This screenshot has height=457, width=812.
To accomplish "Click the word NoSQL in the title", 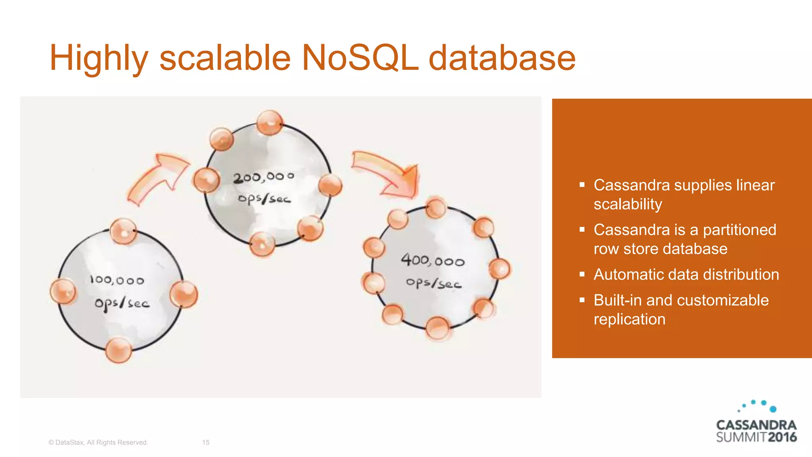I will (x=360, y=58).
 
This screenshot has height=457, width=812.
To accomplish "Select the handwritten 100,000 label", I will (x=117, y=280).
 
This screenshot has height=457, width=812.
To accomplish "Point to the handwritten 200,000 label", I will (x=263, y=177).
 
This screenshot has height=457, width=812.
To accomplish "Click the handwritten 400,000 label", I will (x=433, y=261).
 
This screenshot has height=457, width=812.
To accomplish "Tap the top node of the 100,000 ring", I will (x=123, y=231).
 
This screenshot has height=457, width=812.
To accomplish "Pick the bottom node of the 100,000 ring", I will (x=119, y=350).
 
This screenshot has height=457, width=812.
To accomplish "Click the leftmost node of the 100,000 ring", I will (x=63, y=291).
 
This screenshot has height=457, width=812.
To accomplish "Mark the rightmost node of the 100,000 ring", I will (x=184, y=294).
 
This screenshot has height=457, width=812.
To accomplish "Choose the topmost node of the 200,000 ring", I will (x=270, y=123).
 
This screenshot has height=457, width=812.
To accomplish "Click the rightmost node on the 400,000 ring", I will (x=499, y=269).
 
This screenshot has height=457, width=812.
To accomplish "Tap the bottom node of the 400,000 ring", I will (x=438, y=328).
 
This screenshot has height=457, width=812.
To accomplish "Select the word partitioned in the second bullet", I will (x=739, y=230).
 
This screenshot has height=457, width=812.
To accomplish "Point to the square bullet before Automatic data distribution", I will (x=582, y=274).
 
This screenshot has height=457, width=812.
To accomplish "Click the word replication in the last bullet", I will (x=629, y=319).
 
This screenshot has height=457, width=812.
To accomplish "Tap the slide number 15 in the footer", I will (x=206, y=442).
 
